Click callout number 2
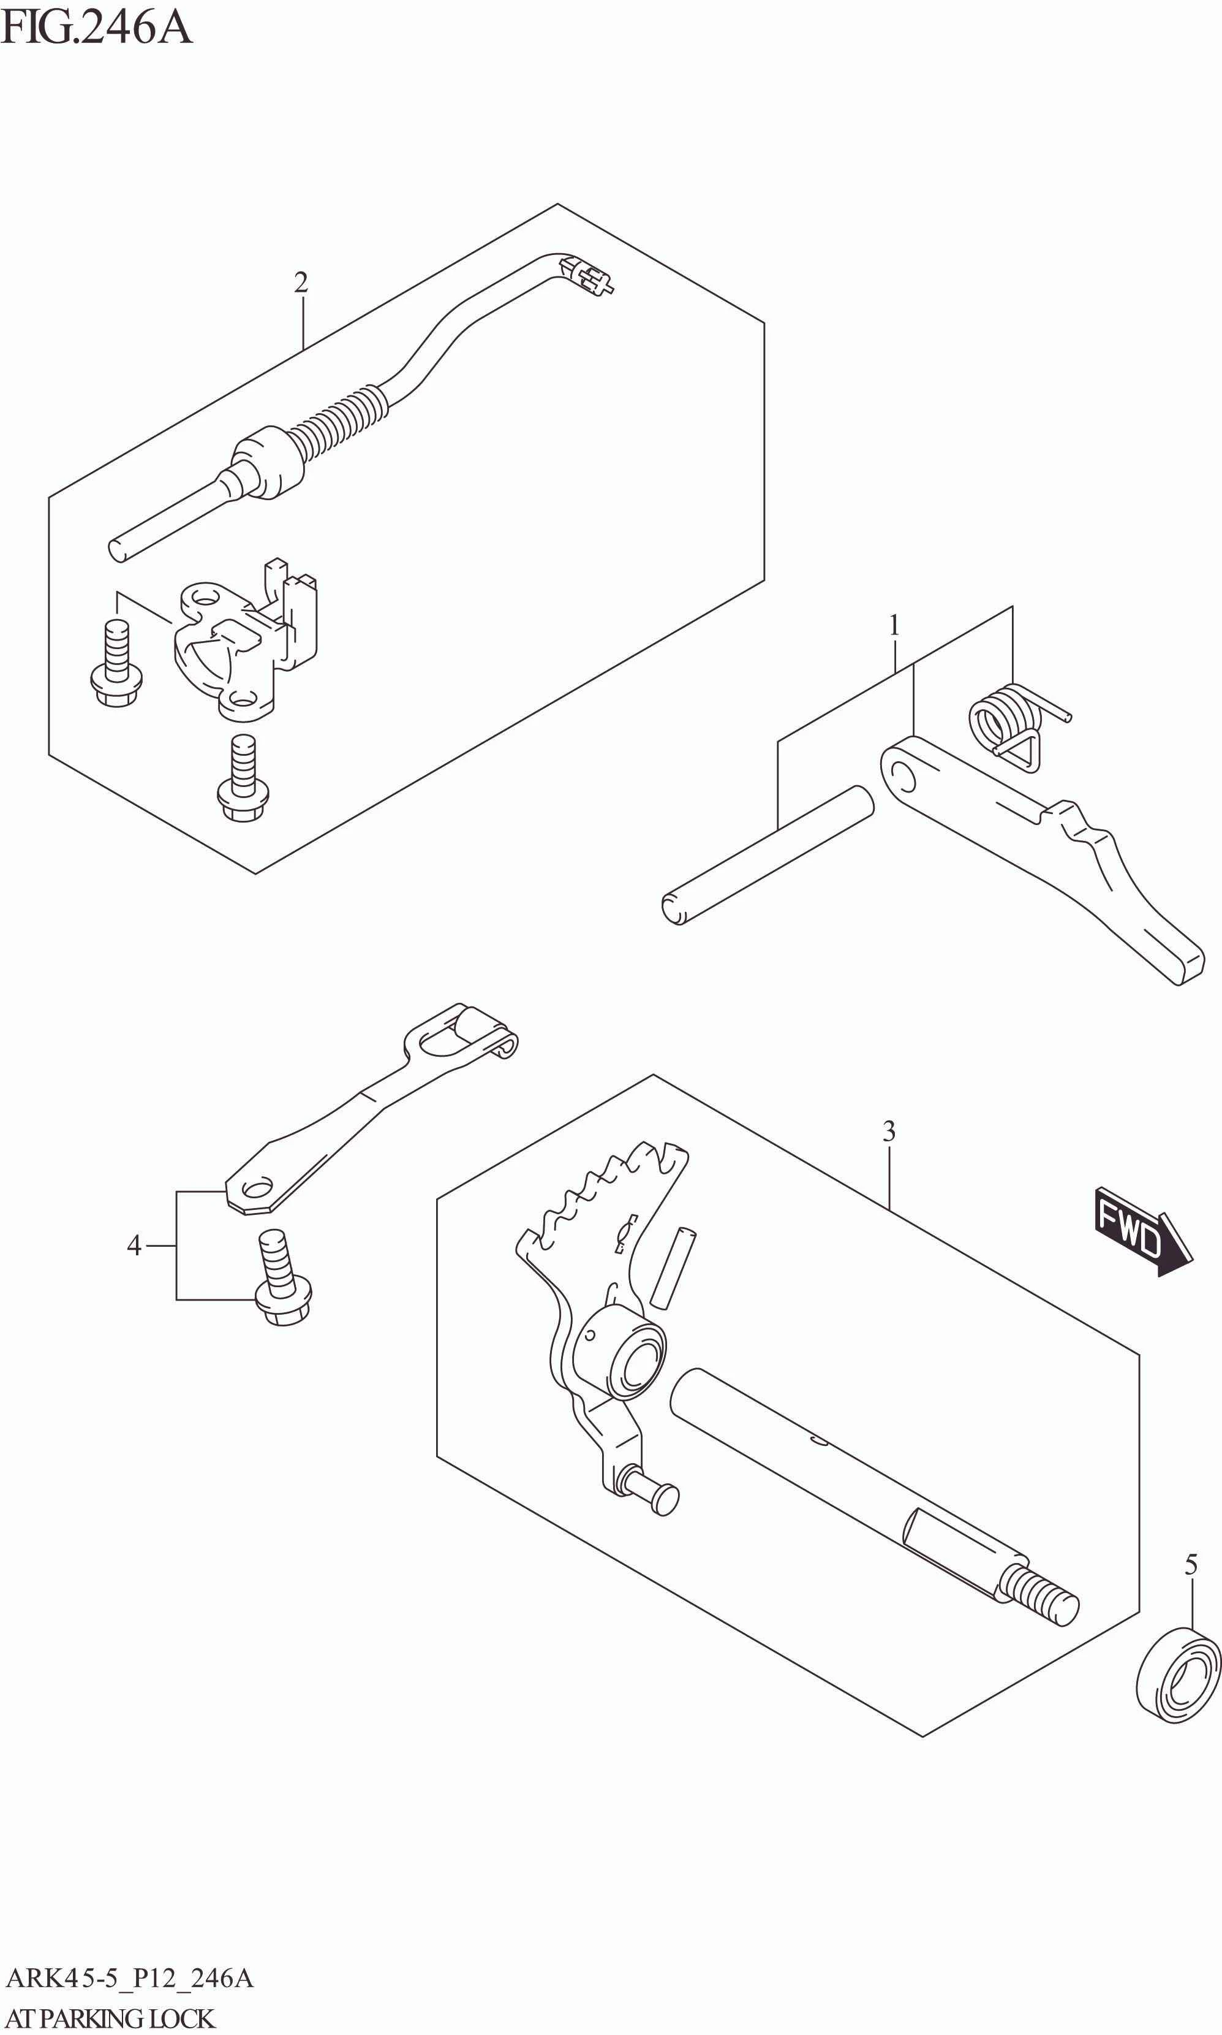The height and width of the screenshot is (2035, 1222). pyautogui.click(x=301, y=283)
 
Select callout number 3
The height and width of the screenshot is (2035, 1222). pyautogui.click(x=889, y=1131)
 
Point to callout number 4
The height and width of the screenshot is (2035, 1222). pyautogui.click(x=134, y=1245)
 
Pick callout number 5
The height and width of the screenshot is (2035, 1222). pyautogui.click(x=1191, y=1564)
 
